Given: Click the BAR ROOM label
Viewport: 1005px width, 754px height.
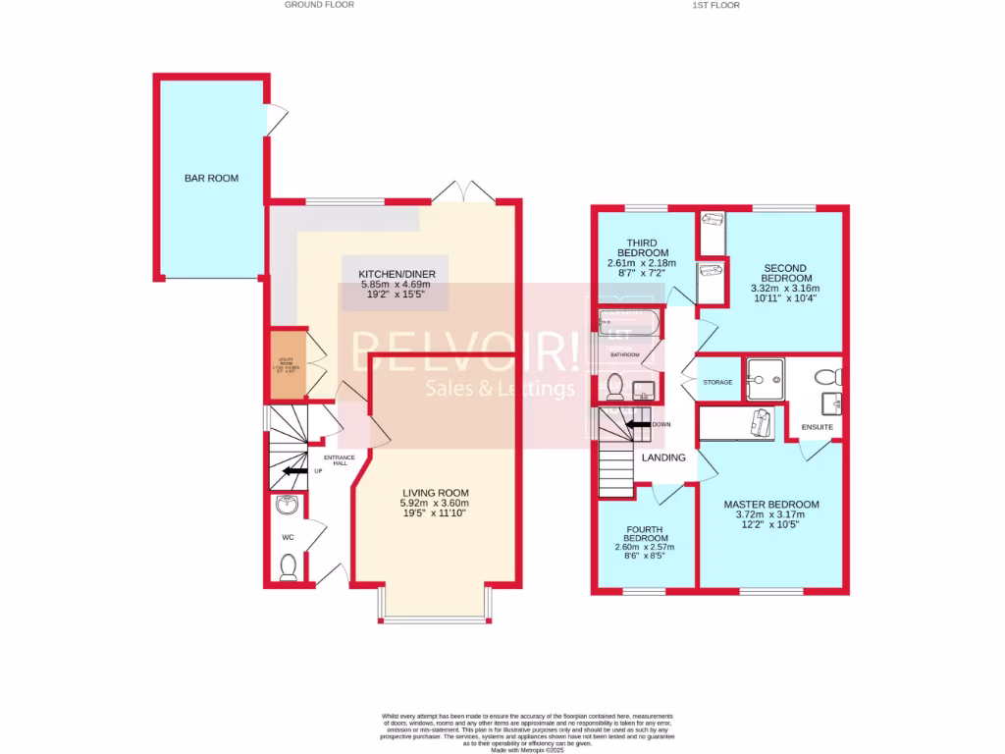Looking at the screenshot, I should point(211,178).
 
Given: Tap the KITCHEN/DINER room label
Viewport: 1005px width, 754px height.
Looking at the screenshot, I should point(390,273).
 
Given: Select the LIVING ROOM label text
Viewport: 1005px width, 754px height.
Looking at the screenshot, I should point(435,493).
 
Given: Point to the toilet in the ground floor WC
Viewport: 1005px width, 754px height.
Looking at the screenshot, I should point(288,567).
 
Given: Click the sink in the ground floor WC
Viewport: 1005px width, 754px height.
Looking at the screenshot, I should point(287,507).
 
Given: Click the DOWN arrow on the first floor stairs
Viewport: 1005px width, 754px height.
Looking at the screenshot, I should point(638,424).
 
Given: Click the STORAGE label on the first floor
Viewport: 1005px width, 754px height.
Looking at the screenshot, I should point(717,382).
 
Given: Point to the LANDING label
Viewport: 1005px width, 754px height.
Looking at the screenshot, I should point(662,458).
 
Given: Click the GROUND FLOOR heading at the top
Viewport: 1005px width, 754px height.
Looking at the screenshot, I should point(319,5).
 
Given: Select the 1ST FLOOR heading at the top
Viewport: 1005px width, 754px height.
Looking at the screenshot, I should point(715,5).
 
